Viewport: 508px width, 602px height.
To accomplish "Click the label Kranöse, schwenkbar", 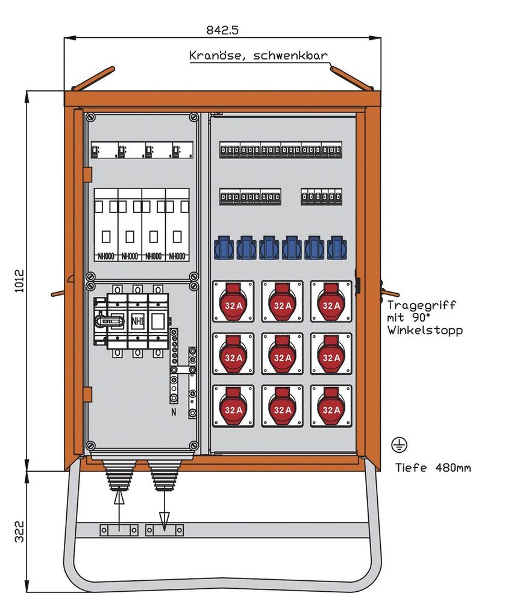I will [259, 56].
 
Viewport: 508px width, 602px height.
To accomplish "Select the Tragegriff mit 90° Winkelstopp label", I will [425, 318].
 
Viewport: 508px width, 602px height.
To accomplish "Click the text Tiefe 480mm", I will [433, 467].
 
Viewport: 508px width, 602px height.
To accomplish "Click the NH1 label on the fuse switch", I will [137, 321].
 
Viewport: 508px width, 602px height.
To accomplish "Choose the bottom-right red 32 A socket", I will [331, 406].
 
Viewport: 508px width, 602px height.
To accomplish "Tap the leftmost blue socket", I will [224, 247].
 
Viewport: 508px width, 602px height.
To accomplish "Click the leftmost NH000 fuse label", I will [105, 256].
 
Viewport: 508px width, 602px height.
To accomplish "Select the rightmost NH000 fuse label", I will [177, 256].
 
